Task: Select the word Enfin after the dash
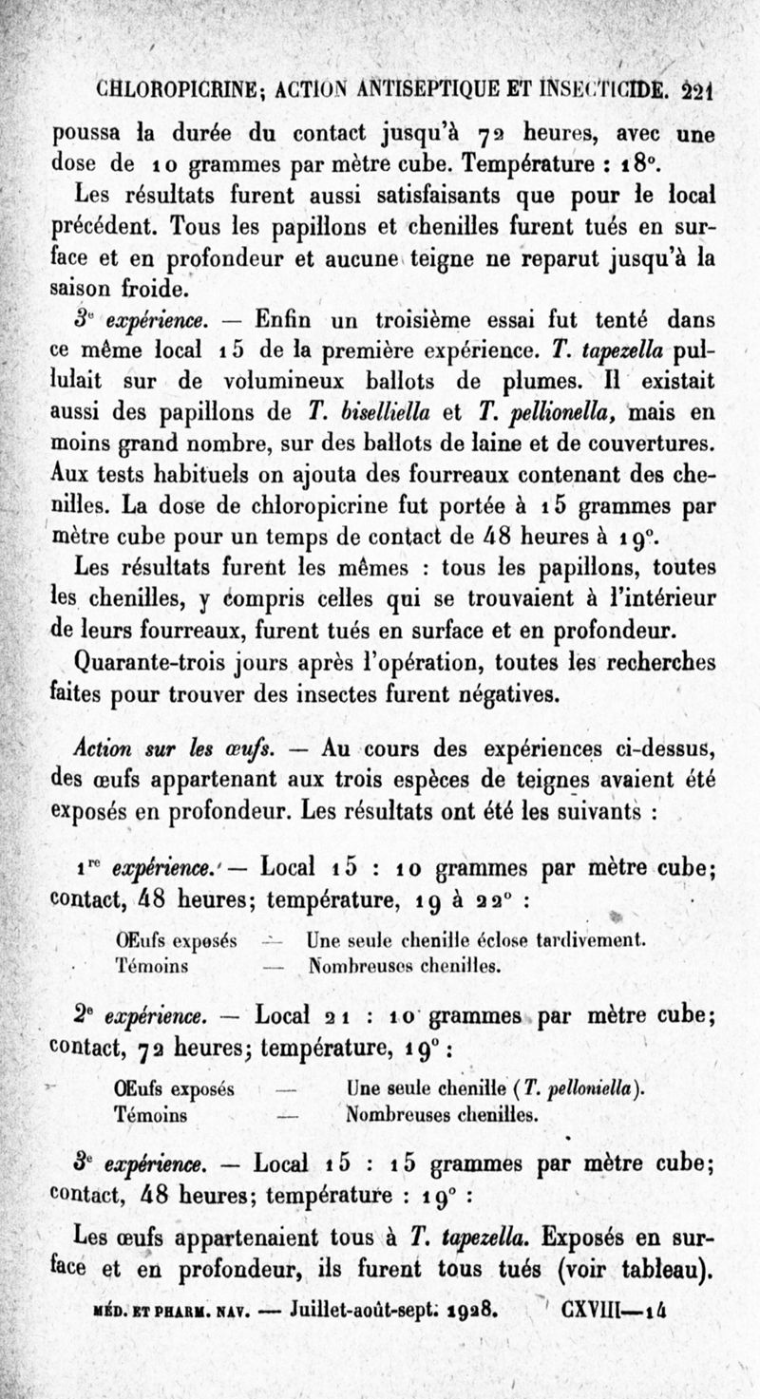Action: tap(289, 317)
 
